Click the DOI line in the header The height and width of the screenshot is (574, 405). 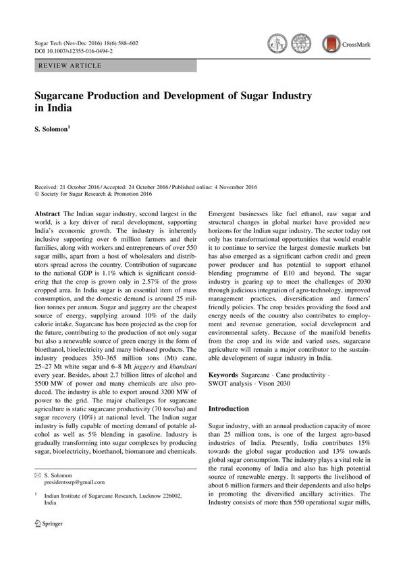(74, 51)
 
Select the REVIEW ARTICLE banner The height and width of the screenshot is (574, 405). (71, 66)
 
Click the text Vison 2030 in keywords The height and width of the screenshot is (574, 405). (290, 383)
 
